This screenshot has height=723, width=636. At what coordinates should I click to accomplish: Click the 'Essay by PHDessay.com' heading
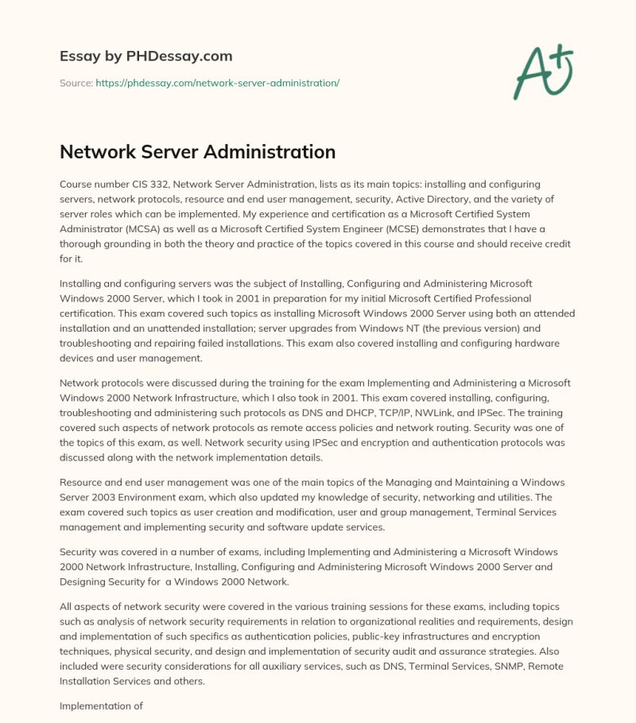pyautogui.click(x=145, y=56)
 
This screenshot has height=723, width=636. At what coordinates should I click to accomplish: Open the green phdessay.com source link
pyautogui.click(x=217, y=83)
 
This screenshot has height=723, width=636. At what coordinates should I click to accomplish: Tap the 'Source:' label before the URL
pyautogui.click(x=76, y=83)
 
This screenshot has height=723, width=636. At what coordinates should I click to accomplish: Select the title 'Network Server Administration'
pyautogui.click(x=197, y=151)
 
